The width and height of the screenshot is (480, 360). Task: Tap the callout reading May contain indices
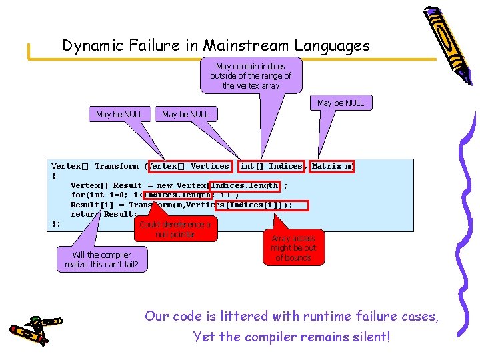(251, 76)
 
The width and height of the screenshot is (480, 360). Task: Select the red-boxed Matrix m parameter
(332, 166)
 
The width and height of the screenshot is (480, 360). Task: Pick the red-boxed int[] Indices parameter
(270, 166)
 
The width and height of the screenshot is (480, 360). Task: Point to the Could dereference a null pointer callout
(175, 229)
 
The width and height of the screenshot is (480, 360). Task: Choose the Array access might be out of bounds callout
(293, 247)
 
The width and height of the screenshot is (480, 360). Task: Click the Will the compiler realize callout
(101, 259)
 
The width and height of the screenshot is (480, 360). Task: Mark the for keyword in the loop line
(78, 195)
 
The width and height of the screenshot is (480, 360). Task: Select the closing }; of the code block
(55, 223)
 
